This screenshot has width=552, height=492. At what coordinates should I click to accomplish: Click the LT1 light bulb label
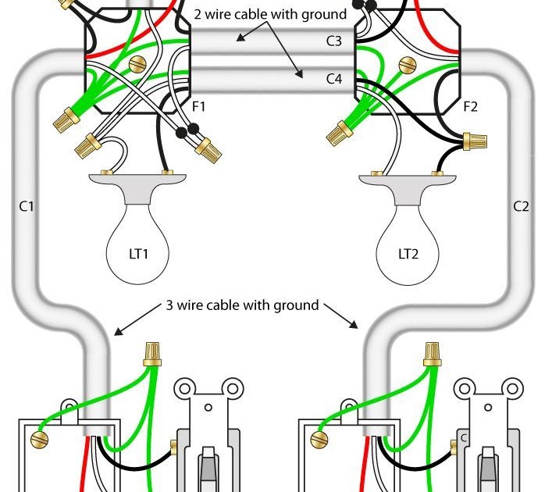click(139, 254)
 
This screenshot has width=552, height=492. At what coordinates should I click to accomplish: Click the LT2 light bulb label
click(408, 254)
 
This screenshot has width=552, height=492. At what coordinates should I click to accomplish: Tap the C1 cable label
click(27, 206)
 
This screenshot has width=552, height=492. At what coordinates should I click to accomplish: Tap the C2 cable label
click(521, 206)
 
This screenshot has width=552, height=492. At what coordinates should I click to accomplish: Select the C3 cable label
click(333, 41)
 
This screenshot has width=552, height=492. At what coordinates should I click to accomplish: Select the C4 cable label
click(333, 79)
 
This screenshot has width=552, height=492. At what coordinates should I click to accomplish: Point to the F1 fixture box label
click(198, 106)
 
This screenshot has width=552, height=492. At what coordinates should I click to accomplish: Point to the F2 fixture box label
click(471, 106)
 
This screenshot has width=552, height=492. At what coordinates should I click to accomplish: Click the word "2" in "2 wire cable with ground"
click(198, 14)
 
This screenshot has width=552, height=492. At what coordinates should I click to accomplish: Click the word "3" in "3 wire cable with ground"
click(169, 305)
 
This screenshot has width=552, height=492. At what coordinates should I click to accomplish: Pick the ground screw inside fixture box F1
click(137, 65)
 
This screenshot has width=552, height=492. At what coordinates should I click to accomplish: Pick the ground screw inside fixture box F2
click(408, 65)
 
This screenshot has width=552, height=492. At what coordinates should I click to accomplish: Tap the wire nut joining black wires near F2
click(475, 141)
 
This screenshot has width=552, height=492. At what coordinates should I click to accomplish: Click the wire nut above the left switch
click(152, 355)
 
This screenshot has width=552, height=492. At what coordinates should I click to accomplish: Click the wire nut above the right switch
click(433, 355)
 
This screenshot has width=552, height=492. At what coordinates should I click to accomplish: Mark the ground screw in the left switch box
click(39, 440)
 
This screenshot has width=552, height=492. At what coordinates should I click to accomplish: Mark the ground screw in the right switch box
click(319, 440)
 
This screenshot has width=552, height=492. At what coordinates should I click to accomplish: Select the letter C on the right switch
click(464, 438)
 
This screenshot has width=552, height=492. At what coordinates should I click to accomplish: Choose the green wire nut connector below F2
click(340, 134)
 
